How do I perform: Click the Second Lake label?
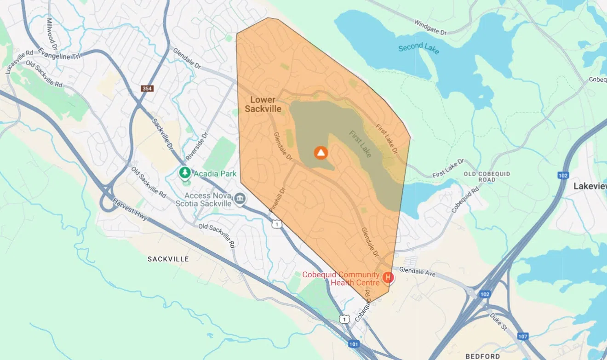pos(419,48)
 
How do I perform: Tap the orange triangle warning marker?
pos(321,153)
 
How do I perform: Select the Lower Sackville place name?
pos(263,104)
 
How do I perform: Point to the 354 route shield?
pos(147,88)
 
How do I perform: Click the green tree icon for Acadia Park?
pos(185,173)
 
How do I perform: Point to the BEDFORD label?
pos(482,356)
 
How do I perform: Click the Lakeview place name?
pos(590,186)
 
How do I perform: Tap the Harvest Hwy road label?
pos(130,209)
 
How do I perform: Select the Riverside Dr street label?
pos(197,146)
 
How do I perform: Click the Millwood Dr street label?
pos(52,34)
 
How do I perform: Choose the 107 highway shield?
pos(522,336)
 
